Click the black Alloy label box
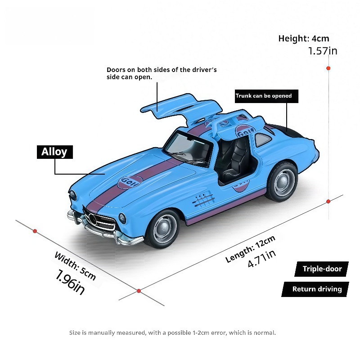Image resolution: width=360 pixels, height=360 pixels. pyautogui.click(x=55, y=152)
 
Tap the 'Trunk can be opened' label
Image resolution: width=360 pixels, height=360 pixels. pyautogui.click(x=266, y=96)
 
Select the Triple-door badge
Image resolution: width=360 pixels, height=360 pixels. pyautogui.click(x=322, y=269)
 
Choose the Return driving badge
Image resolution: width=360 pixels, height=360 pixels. pyautogui.click(x=315, y=289)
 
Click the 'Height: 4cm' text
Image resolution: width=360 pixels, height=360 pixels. pyautogui.click(x=303, y=39)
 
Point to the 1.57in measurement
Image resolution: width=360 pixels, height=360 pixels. pyautogui.click(x=322, y=51)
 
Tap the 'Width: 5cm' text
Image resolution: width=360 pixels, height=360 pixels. pyautogui.click(x=75, y=266)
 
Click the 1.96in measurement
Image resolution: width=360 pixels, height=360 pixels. pyautogui.click(x=70, y=282)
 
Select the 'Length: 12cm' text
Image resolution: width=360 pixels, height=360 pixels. pyautogui.click(x=250, y=249)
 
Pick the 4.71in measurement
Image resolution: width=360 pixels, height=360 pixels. pyautogui.click(x=262, y=259)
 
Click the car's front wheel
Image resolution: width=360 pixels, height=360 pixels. pyautogui.click(x=163, y=229)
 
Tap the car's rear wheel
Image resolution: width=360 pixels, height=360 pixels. pyautogui.click(x=282, y=181)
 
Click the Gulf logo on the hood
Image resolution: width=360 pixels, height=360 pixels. pyautogui.click(x=130, y=182)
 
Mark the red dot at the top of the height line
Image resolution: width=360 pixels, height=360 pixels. pyautogui.click(x=328, y=68)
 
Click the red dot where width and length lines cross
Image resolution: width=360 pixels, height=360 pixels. pyautogui.click(x=139, y=291)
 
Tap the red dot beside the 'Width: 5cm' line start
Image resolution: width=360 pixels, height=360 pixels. pyautogui.click(x=35, y=231)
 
